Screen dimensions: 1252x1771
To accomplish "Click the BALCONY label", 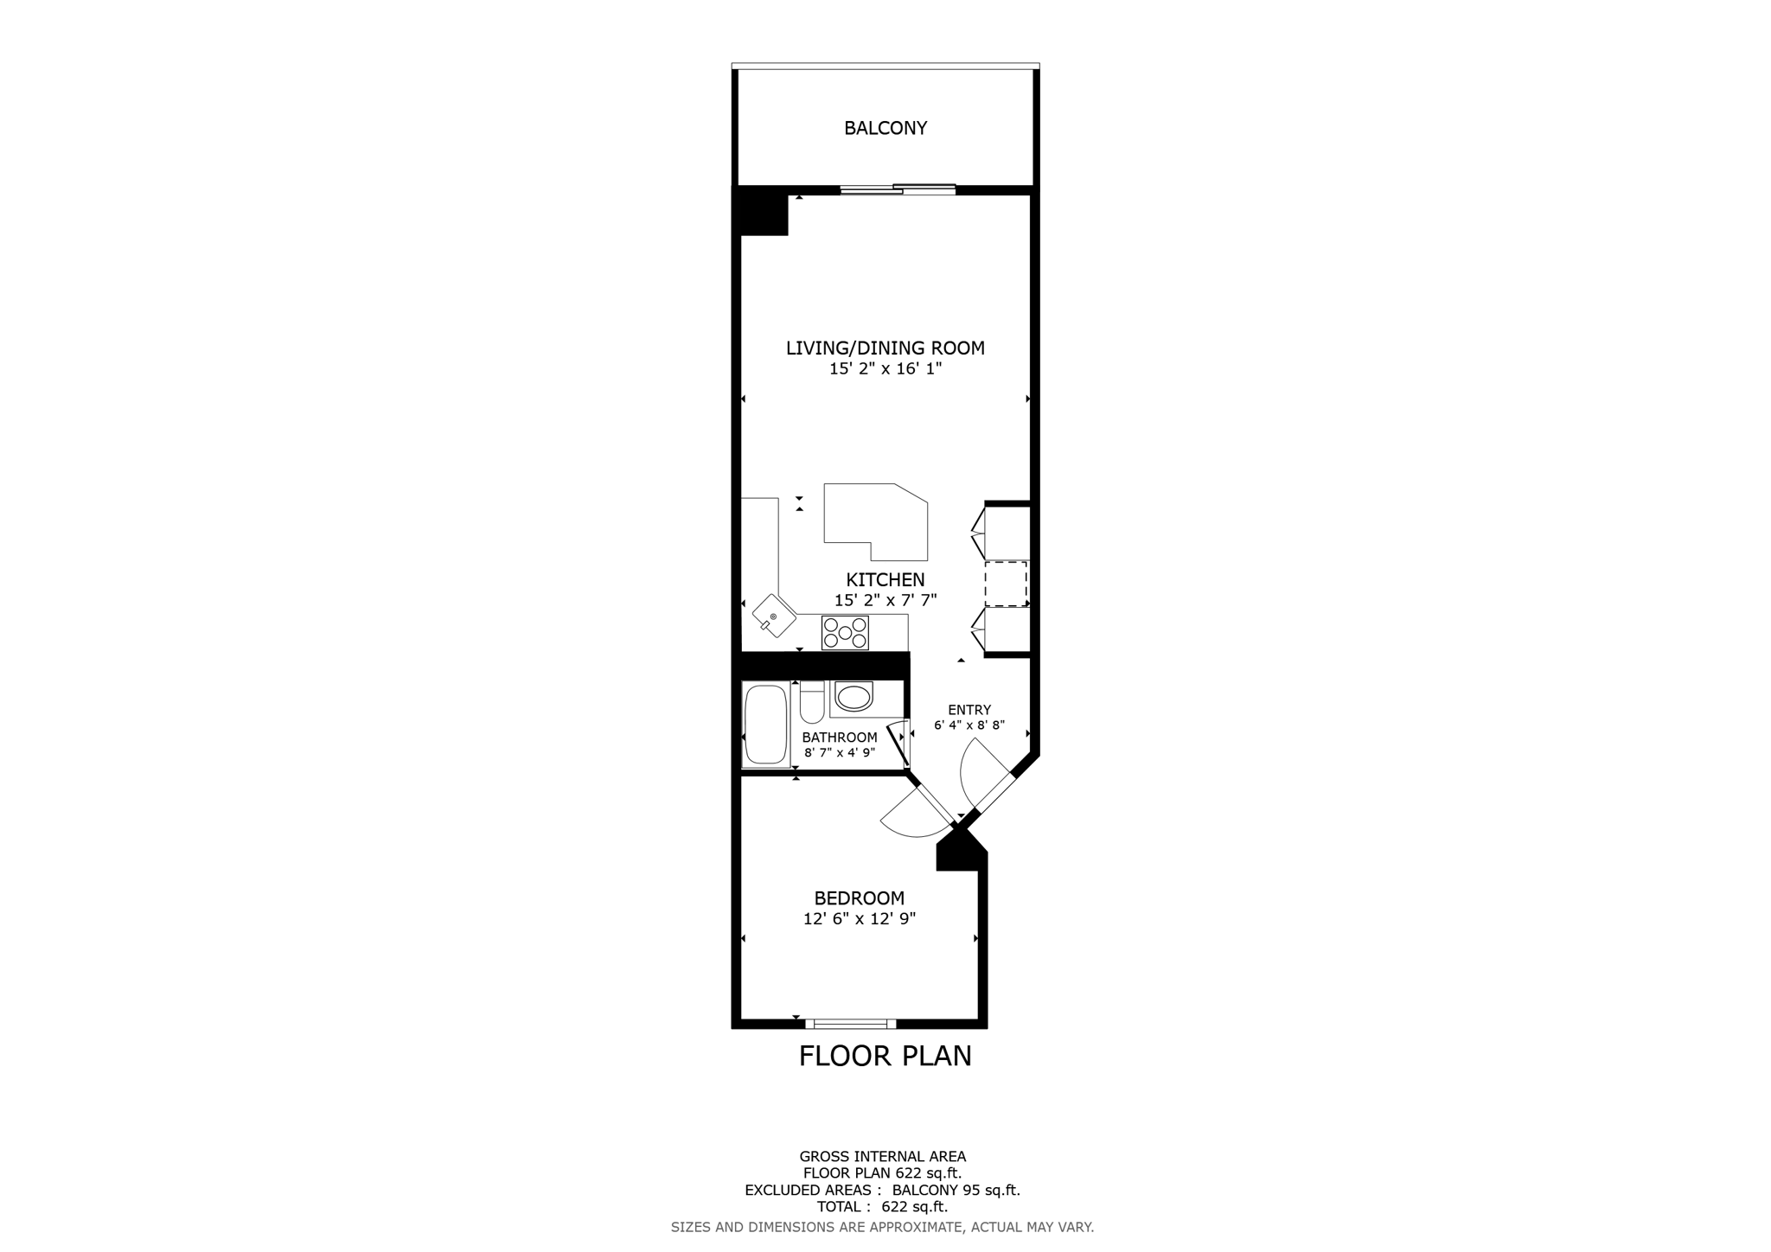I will click(x=885, y=128).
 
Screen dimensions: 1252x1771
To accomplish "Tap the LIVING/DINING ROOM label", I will click(x=885, y=348).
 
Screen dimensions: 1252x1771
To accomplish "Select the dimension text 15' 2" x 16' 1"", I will click(x=885, y=369).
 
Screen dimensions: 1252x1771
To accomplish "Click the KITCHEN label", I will click(x=885, y=579).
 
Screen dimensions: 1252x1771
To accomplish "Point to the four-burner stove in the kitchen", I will click(x=845, y=632).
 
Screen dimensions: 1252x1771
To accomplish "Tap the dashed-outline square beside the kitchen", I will click(x=1006, y=584).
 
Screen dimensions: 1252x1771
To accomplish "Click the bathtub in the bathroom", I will click(x=765, y=725).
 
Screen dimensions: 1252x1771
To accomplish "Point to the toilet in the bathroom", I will click(x=812, y=703).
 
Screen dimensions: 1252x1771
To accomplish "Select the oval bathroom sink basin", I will click(x=854, y=697).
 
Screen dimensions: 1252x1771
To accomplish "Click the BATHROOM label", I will click(x=839, y=738).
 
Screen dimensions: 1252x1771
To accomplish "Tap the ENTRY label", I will click(x=969, y=710).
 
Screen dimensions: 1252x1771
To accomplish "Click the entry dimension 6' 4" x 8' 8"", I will click(x=969, y=725).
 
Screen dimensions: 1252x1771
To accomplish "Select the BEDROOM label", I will click(x=859, y=898).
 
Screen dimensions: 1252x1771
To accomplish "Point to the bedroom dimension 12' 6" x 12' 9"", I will click(x=859, y=919).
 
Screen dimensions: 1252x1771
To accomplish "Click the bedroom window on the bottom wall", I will click(x=851, y=1024).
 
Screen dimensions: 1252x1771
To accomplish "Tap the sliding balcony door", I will click(x=898, y=188).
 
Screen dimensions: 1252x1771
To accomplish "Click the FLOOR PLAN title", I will click(x=885, y=1056).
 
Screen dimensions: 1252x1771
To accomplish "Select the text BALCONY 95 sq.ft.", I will click(x=956, y=1190).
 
